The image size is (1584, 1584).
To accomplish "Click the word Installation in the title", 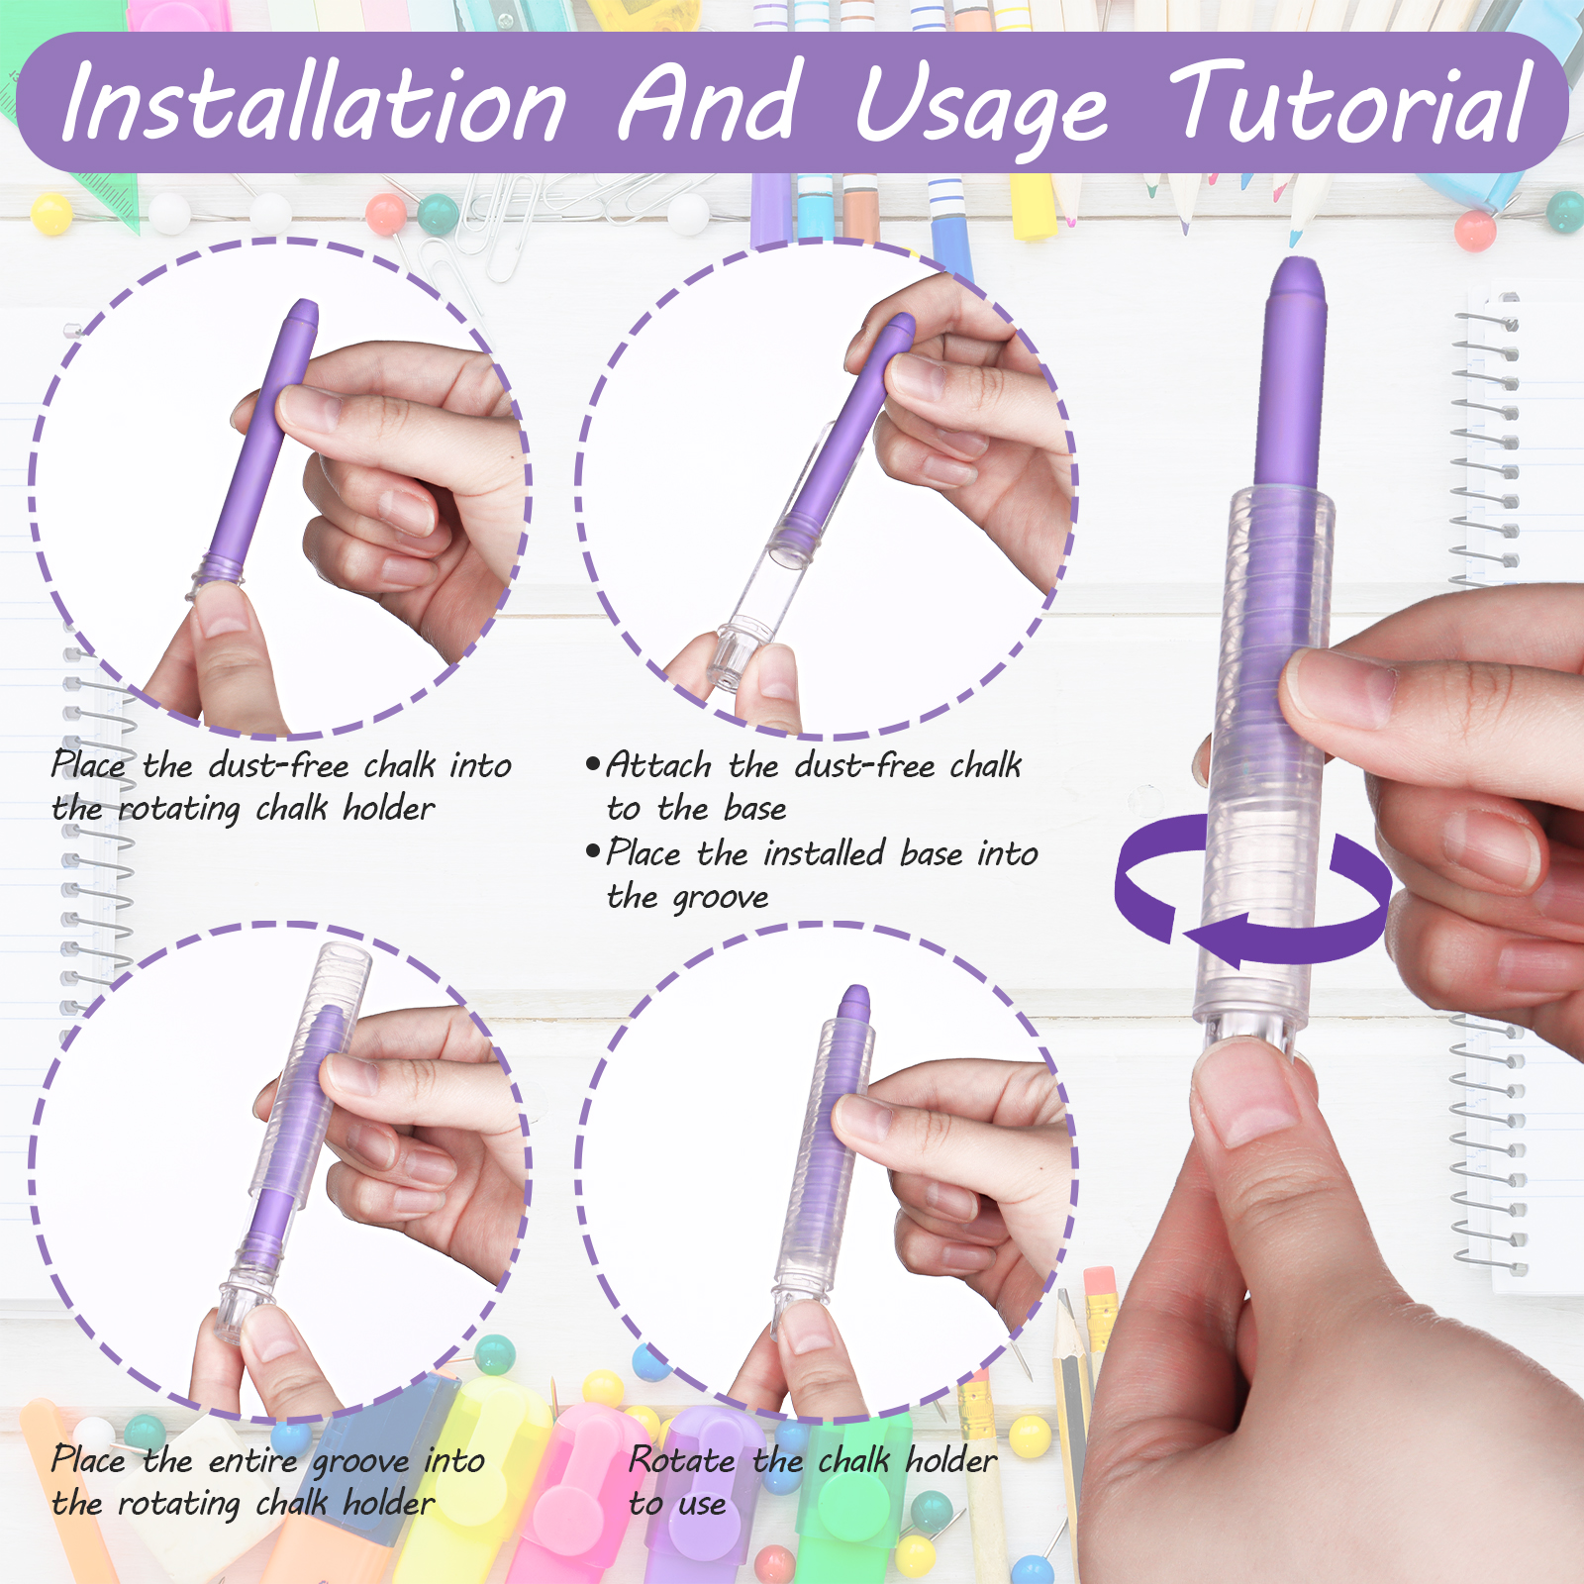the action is click(315, 102).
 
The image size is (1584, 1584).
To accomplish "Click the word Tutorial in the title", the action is click(1351, 102).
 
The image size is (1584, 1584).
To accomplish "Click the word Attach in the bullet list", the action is click(658, 764).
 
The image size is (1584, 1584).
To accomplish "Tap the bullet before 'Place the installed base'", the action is click(593, 851).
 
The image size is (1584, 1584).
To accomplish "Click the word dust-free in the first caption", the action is click(278, 764).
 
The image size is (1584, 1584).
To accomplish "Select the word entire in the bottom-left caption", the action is click(252, 1460).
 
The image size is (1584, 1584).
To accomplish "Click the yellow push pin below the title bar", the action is click(51, 213).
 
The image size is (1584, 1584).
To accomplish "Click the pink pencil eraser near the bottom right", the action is click(1100, 1281).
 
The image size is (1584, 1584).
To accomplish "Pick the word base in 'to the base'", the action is click(754, 808).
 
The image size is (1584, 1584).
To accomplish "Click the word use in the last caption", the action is click(702, 1505).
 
